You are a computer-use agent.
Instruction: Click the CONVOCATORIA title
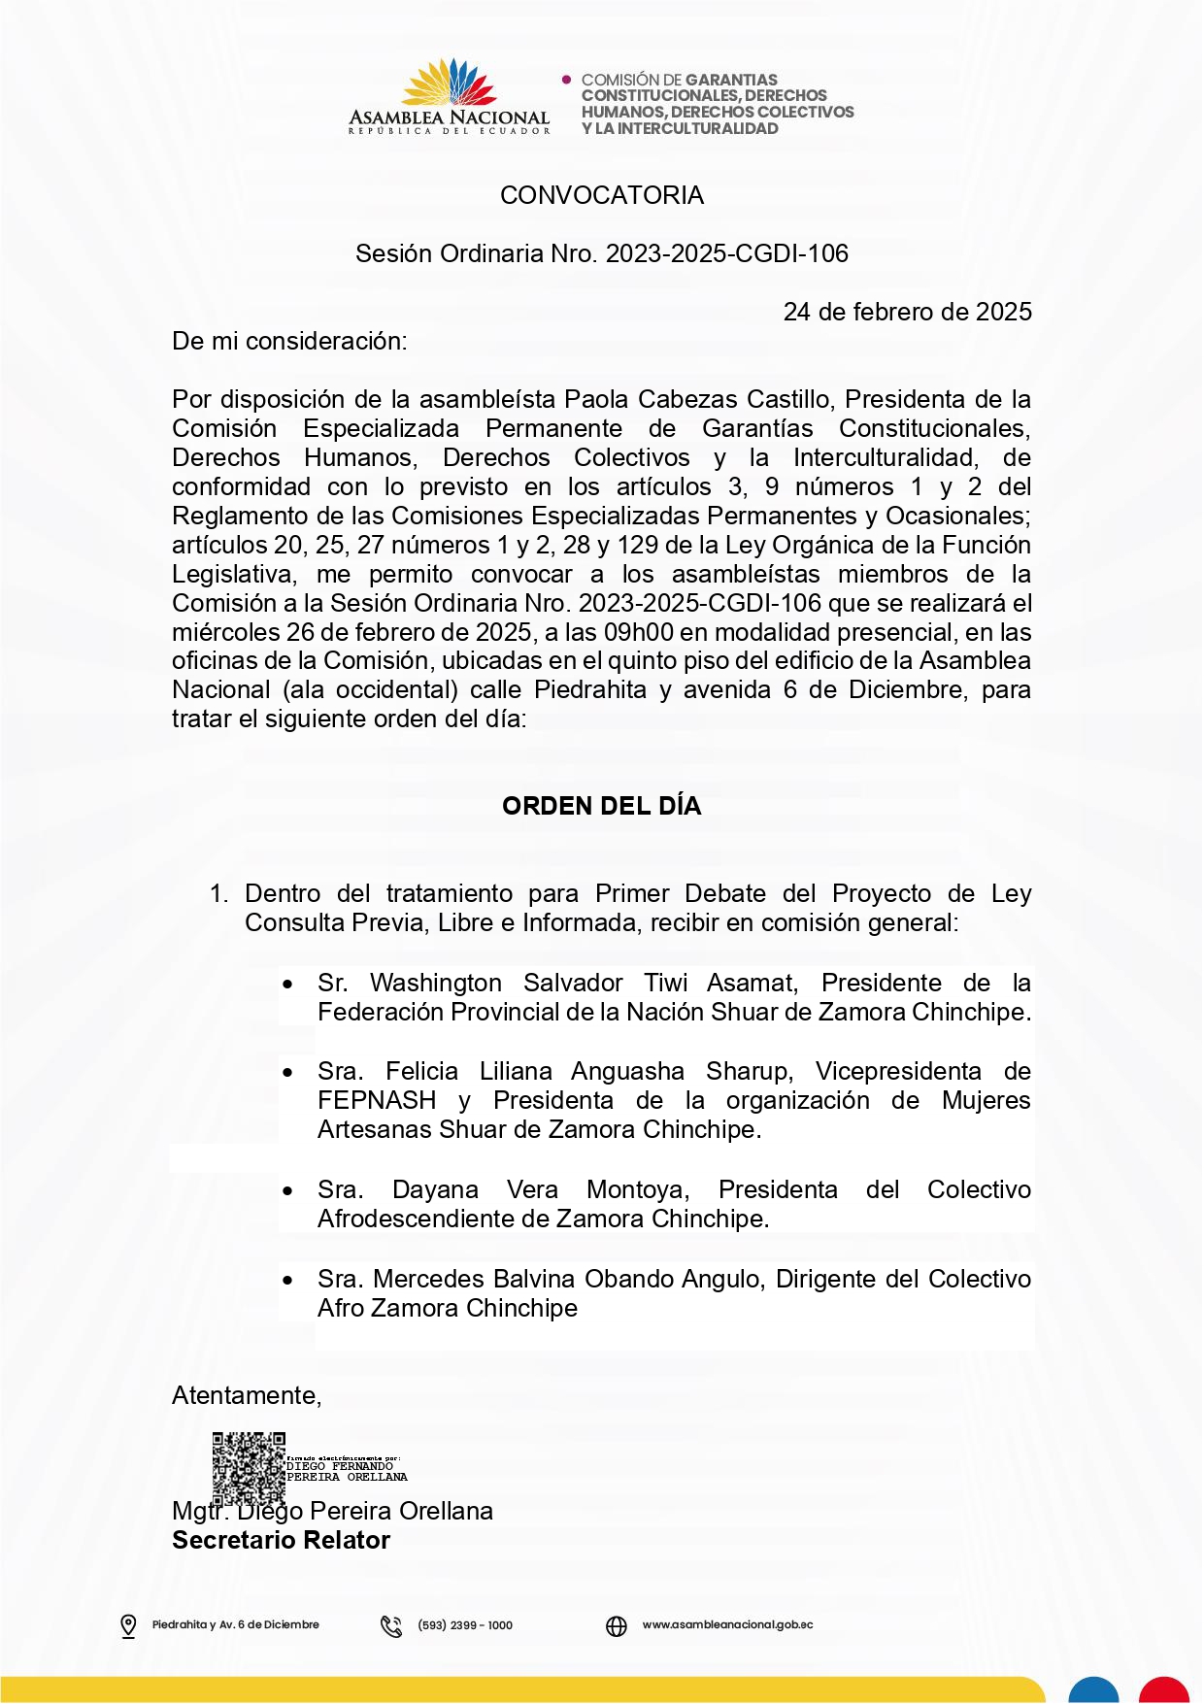(x=601, y=195)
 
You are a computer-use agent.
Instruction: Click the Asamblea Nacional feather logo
(x=449, y=84)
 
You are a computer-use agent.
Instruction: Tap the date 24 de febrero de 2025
(x=907, y=312)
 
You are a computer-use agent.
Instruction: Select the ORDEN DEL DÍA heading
(x=601, y=806)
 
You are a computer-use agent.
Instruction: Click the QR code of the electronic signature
(x=249, y=1467)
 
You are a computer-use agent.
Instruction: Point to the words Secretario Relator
(x=281, y=1541)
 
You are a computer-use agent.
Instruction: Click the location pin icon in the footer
(x=128, y=1625)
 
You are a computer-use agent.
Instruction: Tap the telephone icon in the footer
(x=391, y=1625)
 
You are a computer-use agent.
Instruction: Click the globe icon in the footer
(x=617, y=1625)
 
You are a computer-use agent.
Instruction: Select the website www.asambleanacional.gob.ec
(x=727, y=1624)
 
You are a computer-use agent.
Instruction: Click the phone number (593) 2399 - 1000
(x=465, y=1625)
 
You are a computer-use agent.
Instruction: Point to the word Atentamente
(x=246, y=1395)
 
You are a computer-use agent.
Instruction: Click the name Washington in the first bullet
(x=435, y=984)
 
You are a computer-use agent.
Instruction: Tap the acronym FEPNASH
(x=377, y=1101)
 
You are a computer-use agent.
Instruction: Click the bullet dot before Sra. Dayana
(x=288, y=1191)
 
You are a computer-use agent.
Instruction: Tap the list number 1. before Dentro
(x=219, y=894)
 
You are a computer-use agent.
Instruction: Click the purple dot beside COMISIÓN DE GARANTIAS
(x=567, y=79)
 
